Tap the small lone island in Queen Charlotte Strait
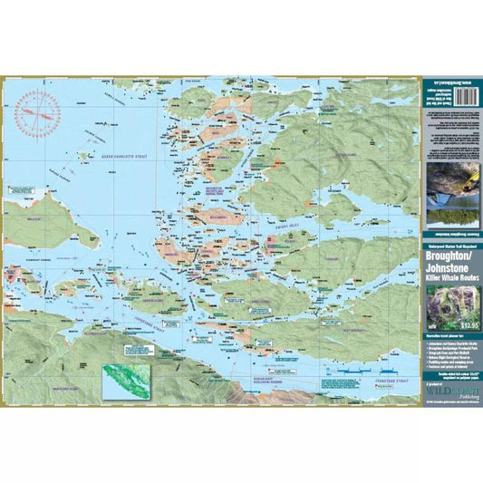tap(84, 155)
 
